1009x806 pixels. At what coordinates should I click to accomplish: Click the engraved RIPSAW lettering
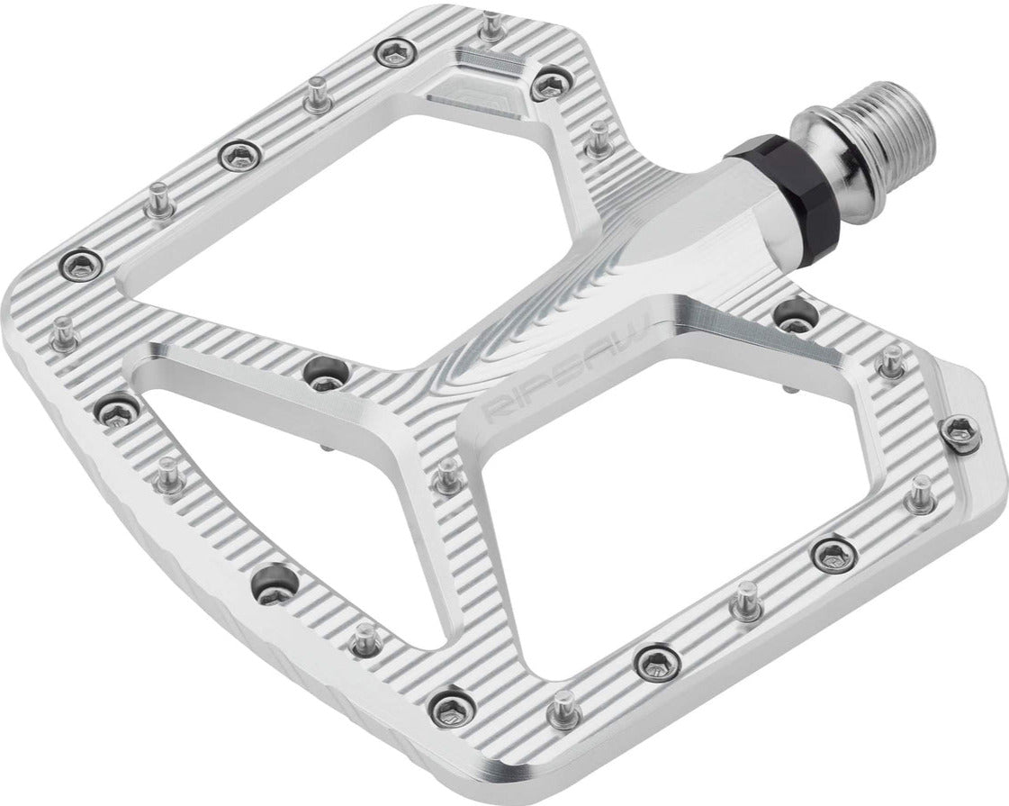tap(567, 366)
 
